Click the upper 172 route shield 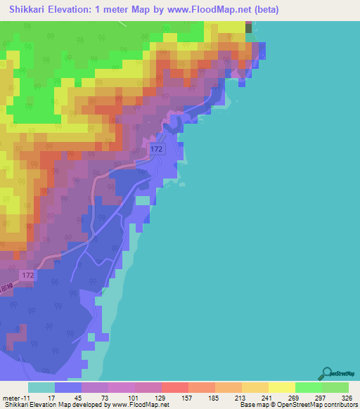[x=157, y=150]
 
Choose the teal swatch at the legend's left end [x=41, y=387]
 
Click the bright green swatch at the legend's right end [x=335, y=387]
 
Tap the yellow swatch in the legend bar [x=282, y=387]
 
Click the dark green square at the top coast [x=248, y=27]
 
